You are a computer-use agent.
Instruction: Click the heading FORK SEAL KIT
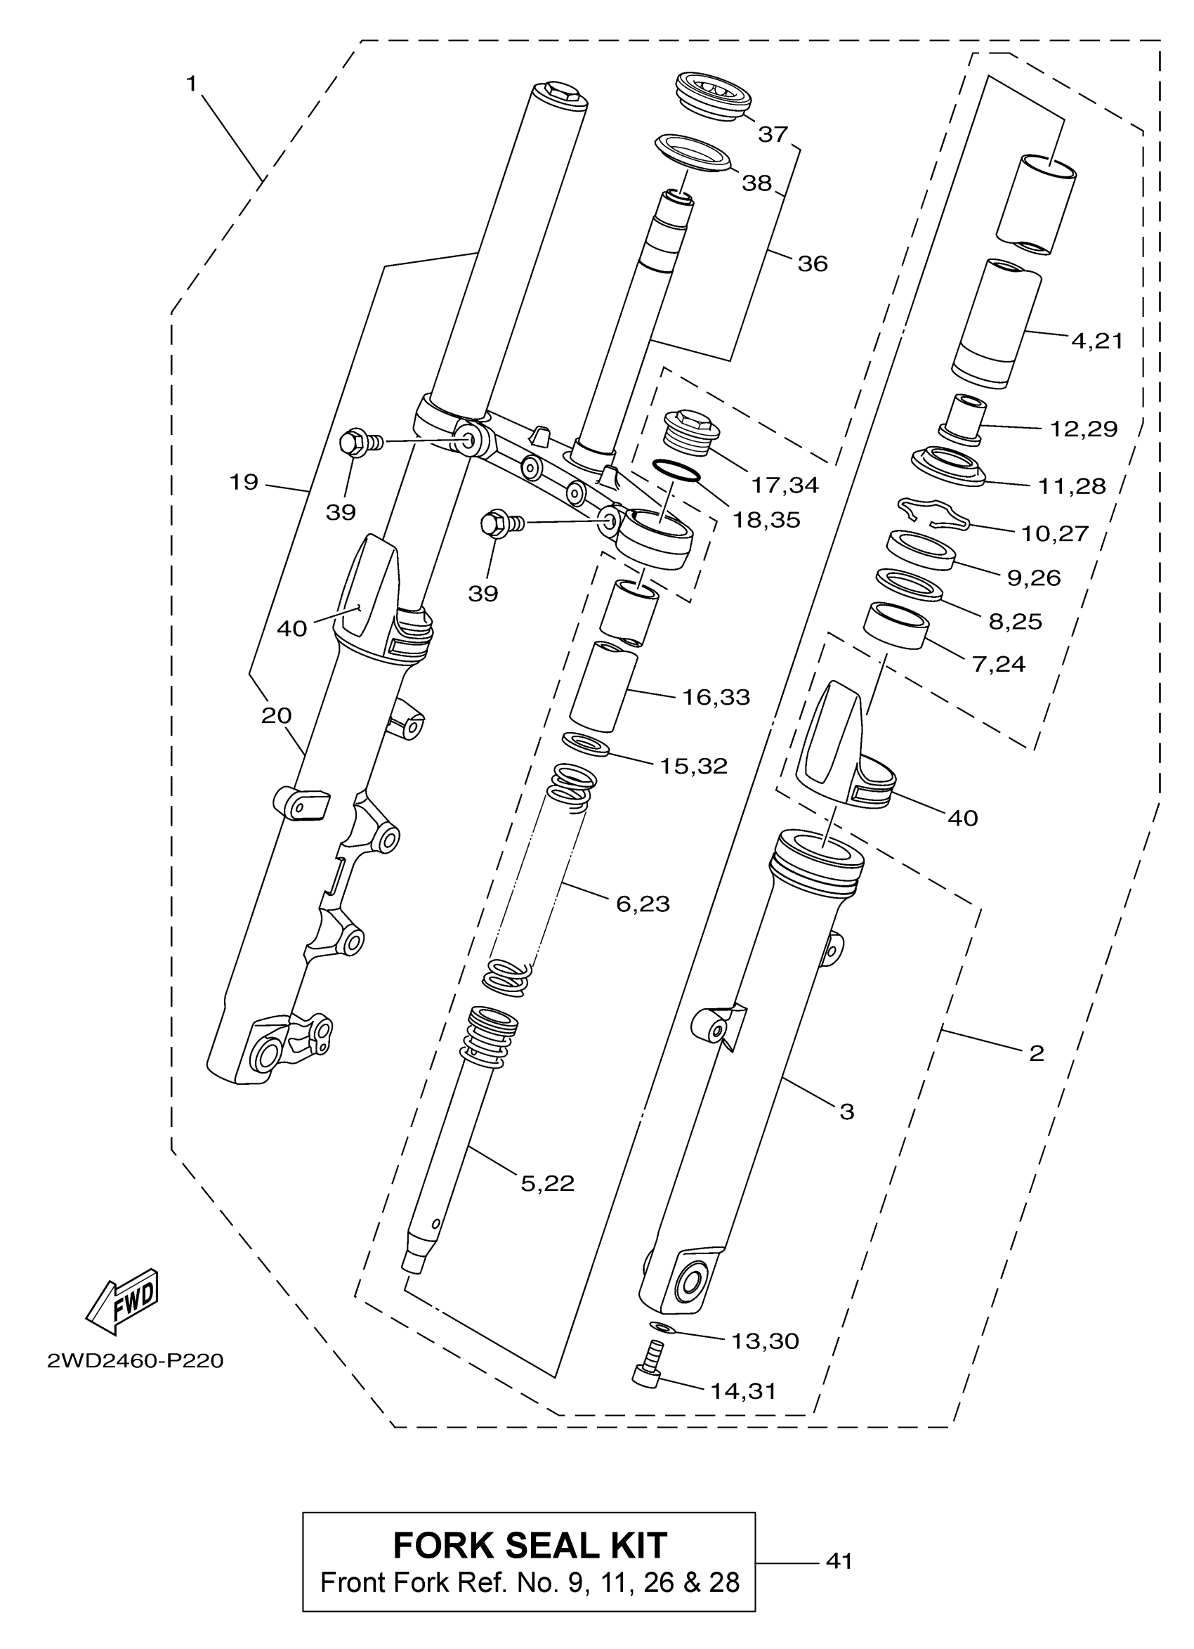pyautogui.click(x=529, y=1545)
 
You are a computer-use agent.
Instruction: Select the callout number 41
pyautogui.click(x=839, y=1561)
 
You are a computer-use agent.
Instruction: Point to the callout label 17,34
pyautogui.click(x=785, y=484)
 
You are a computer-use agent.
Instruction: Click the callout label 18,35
pyautogui.click(x=766, y=519)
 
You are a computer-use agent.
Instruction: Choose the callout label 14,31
pyautogui.click(x=743, y=1391)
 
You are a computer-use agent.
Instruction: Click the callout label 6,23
pyautogui.click(x=643, y=904)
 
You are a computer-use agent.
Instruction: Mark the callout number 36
pyautogui.click(x=813, y=263)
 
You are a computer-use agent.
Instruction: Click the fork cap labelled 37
pyautogui.click(x=713, y=95)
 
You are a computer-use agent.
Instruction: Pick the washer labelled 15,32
pyautogui.click(x=586, y=744)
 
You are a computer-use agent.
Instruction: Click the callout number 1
pyautogui.click(x=191, y=84)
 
